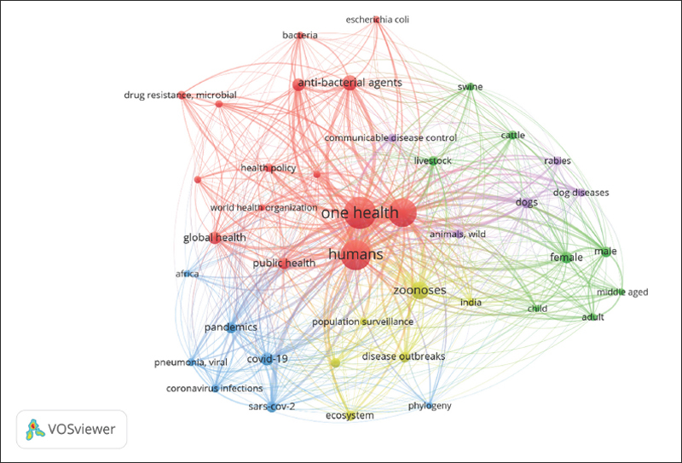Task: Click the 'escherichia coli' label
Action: click(x=377, y=19)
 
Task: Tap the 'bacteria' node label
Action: click(x=299, y=35)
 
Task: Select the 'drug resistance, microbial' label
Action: click(x=180, y=95)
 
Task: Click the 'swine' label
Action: click(x=470, y=87)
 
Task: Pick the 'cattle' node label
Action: click(x=512, y=135)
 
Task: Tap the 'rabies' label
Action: click(x=558, y=160)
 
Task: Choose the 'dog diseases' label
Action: click(x=581, y=193)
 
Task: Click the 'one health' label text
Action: click(x=360, y=213)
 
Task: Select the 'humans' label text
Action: click(x=355, y=254)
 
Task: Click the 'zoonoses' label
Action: click(x=419, y=290)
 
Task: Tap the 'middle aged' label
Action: click(x=622, y=292)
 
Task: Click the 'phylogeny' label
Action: click(x=430, y=406)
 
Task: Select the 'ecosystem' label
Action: click(x=350, y=415)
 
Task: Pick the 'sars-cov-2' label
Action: click(x=272, y=407)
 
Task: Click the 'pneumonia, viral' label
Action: click(x=190, y=362)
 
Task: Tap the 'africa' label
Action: click(x=187, y=274)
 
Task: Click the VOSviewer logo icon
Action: click(x=35, y=429)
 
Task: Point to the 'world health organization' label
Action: click(x=263, y=208)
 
